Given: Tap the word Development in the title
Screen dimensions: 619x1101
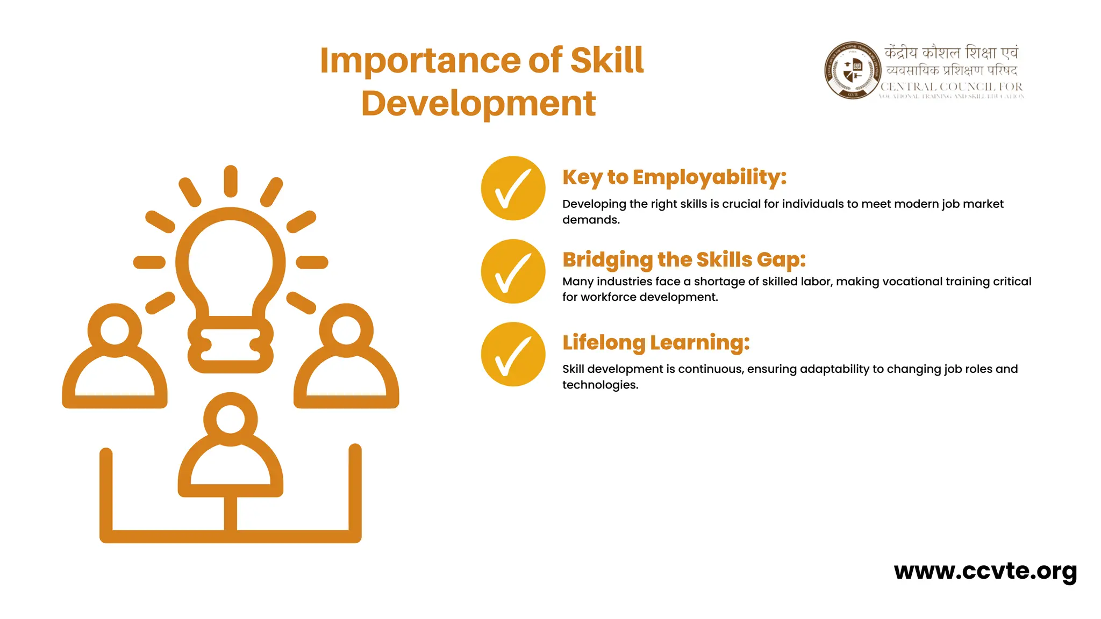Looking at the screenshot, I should coord(478,103).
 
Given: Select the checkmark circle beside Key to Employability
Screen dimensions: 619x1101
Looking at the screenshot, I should coord(513,188).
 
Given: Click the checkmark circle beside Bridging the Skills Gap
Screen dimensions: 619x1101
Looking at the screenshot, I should coord(513,271).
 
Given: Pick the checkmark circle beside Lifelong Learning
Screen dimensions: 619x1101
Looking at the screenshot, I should coord(513,354).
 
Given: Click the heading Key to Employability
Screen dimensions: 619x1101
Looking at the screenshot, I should coord(674,177).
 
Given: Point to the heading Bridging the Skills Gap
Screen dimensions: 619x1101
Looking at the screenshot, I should coord(684,260).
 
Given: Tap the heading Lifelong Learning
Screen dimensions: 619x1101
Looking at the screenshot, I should coord(656,342).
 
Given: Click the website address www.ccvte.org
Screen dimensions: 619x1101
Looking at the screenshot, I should coord(985,571).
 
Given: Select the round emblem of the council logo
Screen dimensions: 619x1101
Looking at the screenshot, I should coord(853,70).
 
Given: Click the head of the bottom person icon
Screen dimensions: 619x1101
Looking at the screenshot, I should coord(231,419).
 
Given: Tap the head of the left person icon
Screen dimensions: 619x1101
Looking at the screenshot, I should coord(115,330).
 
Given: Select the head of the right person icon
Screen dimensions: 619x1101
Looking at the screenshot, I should coord(346,330).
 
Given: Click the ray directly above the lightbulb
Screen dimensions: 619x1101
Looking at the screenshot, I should coord(231,181).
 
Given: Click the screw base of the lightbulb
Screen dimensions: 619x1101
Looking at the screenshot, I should coord(231,344).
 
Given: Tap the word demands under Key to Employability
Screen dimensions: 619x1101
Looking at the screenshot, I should coord(590,220).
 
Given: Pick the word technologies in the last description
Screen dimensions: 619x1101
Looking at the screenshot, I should coord(599,385).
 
